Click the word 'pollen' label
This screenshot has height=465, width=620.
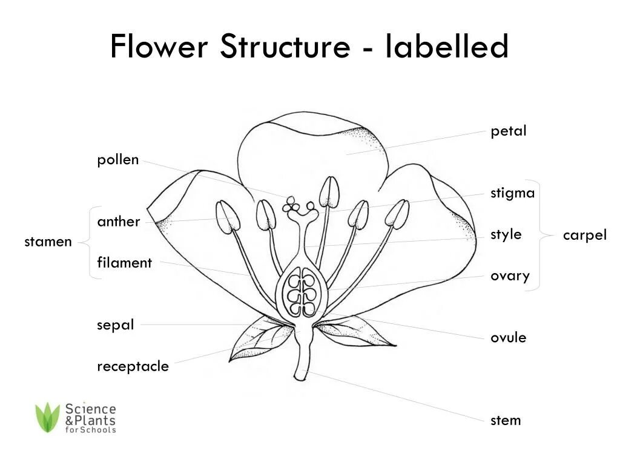tap(118, 160)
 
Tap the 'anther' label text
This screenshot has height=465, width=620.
tap(119, 222)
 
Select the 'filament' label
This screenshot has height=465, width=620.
tap(124, 263)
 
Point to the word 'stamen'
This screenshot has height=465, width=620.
tap(48, 242)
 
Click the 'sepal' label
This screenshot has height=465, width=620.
tap(115, 325)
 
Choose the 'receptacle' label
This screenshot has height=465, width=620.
tap(133, 366)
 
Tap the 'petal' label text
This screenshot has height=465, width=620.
tap(509, 131)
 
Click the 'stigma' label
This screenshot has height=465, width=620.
tap(512, 194)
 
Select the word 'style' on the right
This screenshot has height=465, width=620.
tap(506, 234)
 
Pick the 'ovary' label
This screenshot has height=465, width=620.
tap(510, 276)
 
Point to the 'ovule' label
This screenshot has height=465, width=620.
tap(508, 338)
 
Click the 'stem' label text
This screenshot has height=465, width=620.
tap(506, 420)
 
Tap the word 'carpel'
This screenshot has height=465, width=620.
tap(584, 236)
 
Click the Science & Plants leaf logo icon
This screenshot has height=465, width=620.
tap(47, 417)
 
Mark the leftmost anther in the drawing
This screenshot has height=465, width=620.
tap(227, 218)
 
